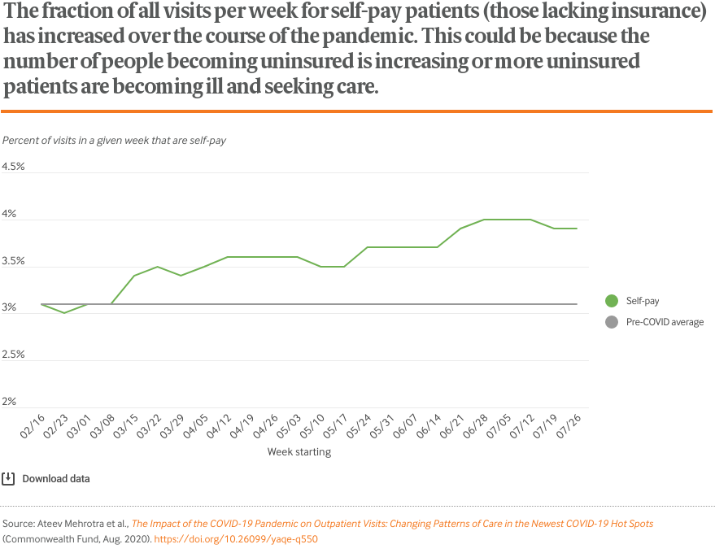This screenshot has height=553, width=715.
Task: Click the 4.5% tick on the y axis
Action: point(14,167)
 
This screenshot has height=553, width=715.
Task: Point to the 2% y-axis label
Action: point(9,402)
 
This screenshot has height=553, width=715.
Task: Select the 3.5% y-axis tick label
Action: point(14,261)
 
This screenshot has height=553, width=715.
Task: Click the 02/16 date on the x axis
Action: point(32,425)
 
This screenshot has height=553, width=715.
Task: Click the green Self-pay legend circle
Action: point(612,301)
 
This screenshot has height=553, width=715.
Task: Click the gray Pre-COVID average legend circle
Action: point(612,322)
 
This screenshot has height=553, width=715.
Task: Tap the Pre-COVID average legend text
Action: point(665,322)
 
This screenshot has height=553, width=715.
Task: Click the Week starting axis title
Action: point(299,452)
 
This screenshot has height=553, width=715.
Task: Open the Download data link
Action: point(56,479)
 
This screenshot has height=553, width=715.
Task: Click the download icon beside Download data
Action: point(9,478)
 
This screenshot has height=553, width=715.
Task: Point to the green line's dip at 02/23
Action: point(65,313)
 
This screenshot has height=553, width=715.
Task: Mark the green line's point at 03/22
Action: point(158,267)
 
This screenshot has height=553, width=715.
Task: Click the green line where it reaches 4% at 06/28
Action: point(484,220)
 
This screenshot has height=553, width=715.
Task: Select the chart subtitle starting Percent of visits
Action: point(114,140)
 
